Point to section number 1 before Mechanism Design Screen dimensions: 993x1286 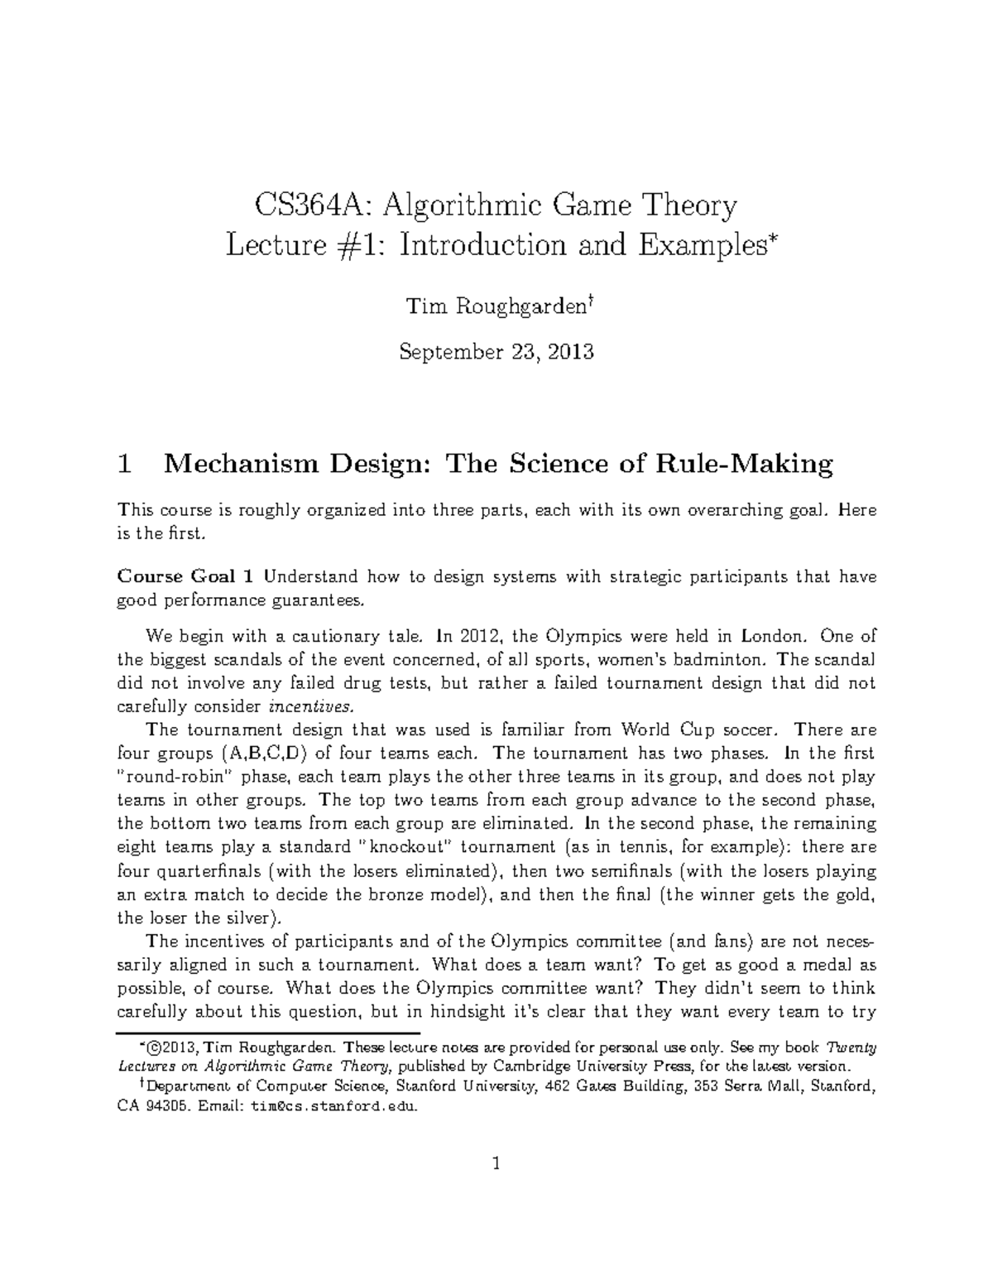(125, 465)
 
